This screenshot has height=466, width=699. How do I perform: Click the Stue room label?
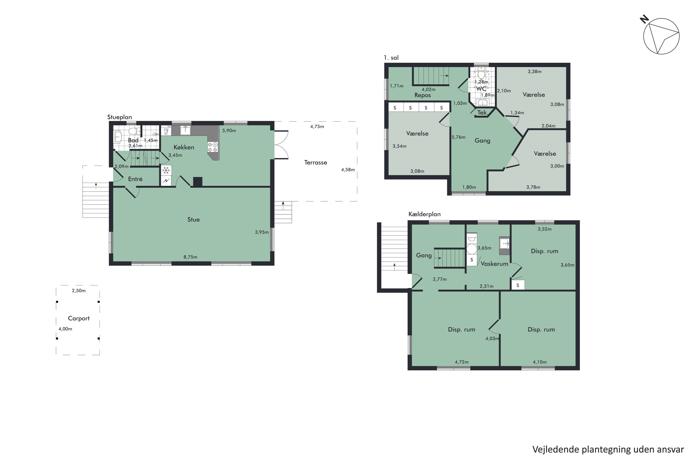click(x=193, y=220)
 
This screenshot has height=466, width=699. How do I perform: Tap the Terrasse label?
click(x=316, y=163)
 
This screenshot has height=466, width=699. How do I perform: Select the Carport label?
click(x=79, y=318)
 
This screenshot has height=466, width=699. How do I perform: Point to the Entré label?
click(x=135, y=179)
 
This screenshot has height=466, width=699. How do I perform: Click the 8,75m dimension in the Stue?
click(x=190, y=257)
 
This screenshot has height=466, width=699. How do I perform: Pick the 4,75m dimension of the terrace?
click(x=317, y=127)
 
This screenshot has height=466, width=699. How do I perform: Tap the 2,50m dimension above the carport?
click(x=79, y=291)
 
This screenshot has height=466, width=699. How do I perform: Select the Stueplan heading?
click(x=120, y=117)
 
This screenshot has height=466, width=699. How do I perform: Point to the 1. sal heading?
click(x=391, y=58)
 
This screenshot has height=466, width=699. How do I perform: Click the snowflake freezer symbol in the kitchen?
click(x=166, y=170)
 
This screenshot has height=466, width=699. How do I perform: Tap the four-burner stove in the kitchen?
click(x=213, y=147)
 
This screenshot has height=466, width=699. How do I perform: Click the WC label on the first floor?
click(x=481, y=89)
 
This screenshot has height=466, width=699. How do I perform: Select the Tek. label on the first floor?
click(x=482, y=112)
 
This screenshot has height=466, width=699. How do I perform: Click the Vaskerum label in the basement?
click(x=494, y=264)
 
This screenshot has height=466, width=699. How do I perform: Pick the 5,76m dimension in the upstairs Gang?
click(x=459, y=137)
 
